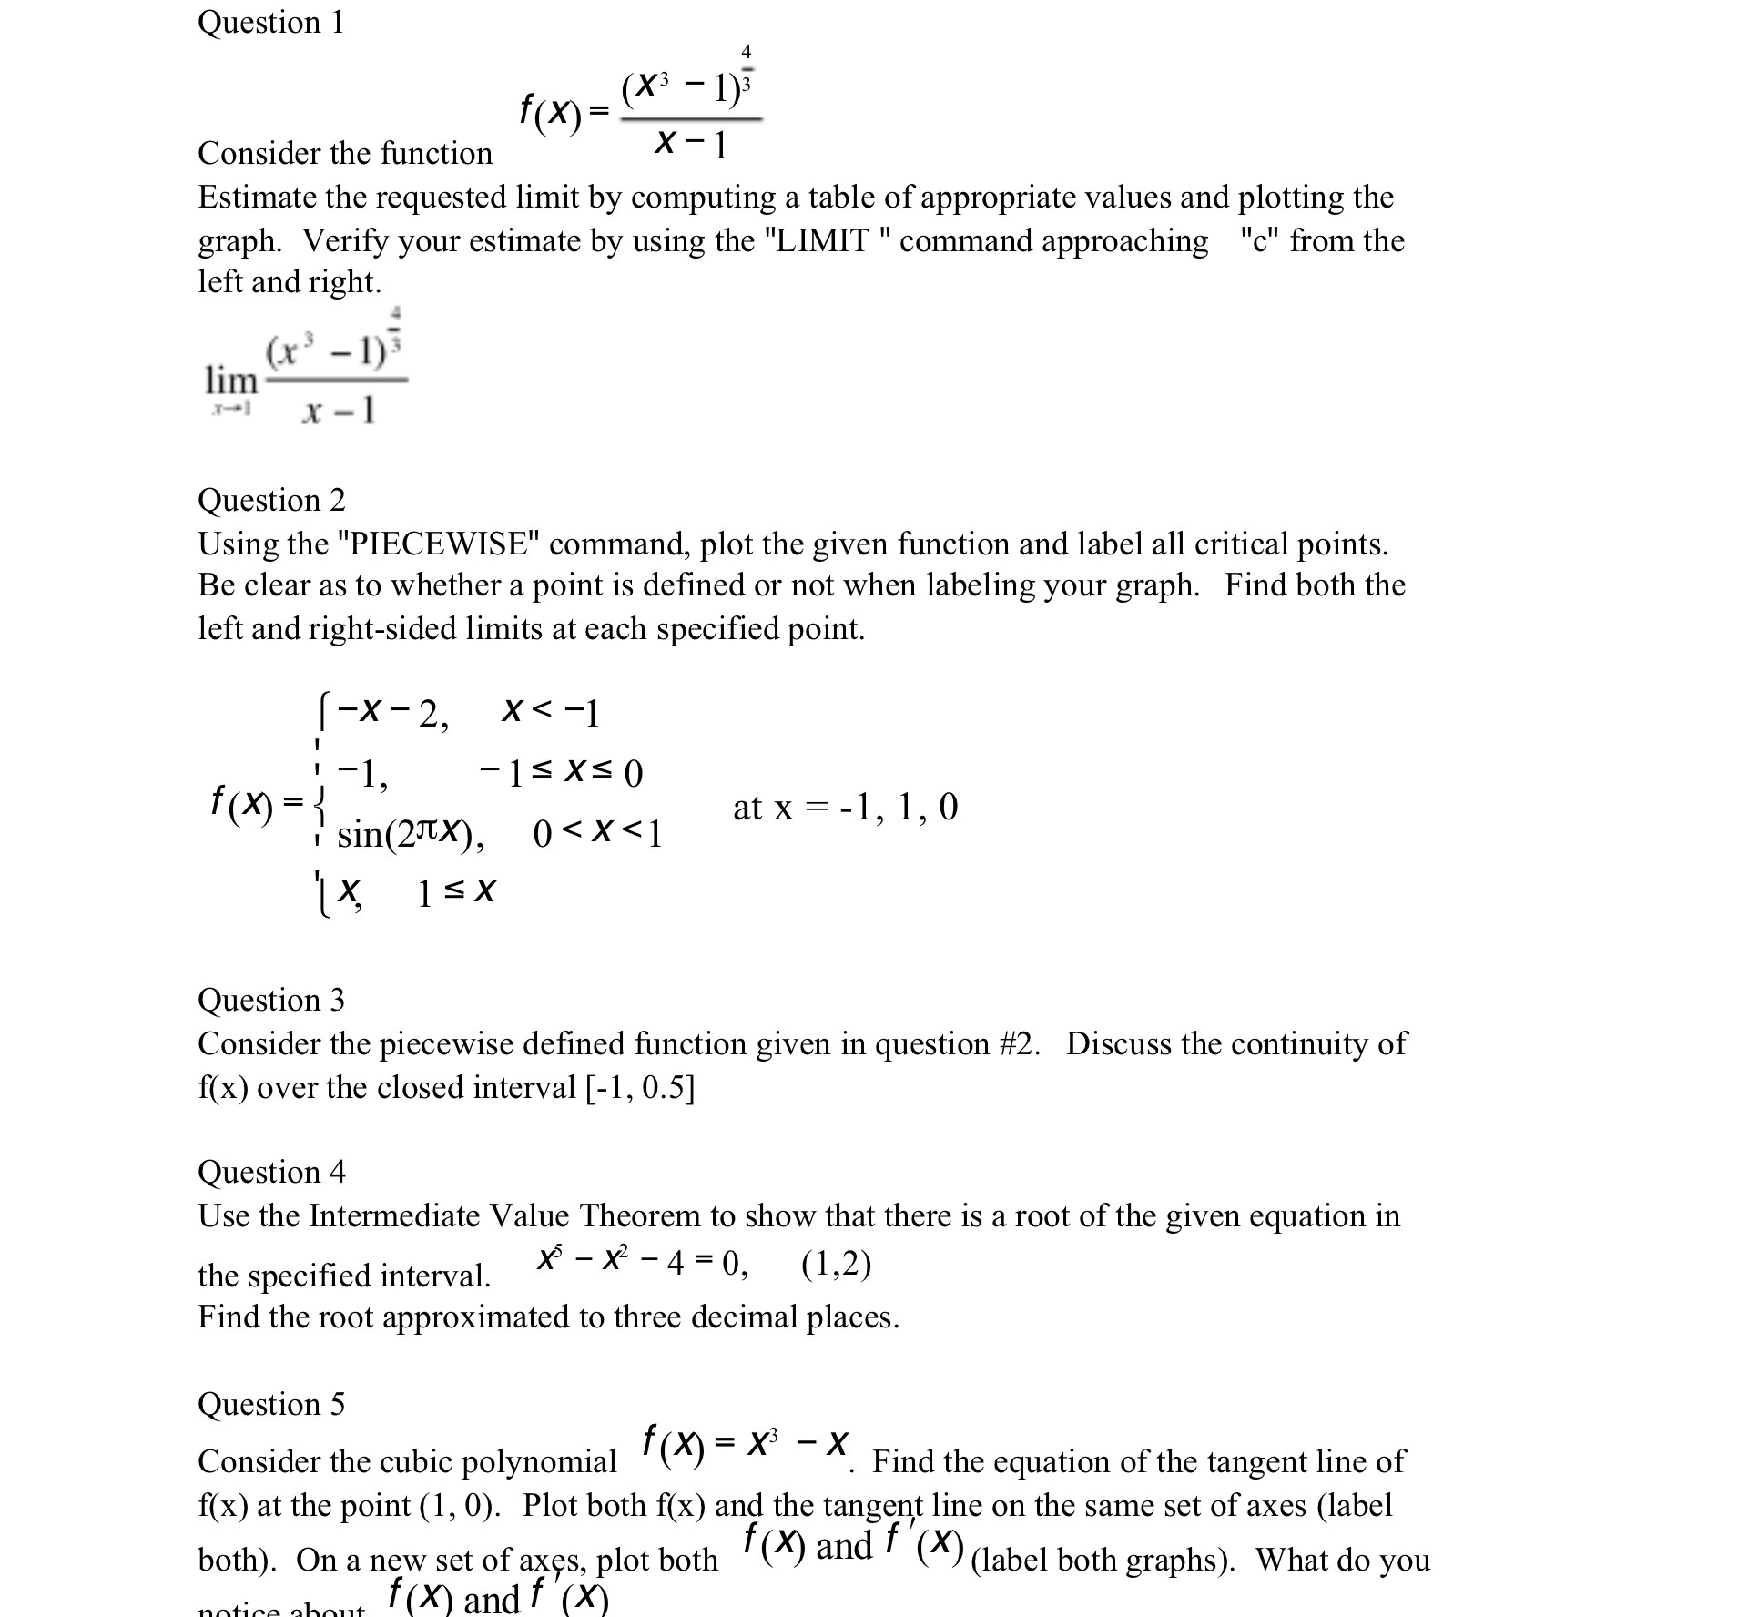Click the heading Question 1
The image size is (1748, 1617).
(x=270, y=22)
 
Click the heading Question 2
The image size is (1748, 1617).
(x=271, y=500)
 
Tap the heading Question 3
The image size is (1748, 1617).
(x=271, y=1000)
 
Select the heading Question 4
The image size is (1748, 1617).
(x=271, y=1172)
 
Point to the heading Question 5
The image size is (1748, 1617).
(x=271, y=1404)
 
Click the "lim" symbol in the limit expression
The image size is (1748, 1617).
(x=231, y=379)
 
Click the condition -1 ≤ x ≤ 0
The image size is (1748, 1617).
(x=561, y=774)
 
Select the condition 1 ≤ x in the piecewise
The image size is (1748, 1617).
(x=455, y=892)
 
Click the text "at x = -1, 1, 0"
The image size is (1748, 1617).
(x=845, y=807)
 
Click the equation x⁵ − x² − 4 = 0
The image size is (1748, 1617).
(x=643, y=1264)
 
